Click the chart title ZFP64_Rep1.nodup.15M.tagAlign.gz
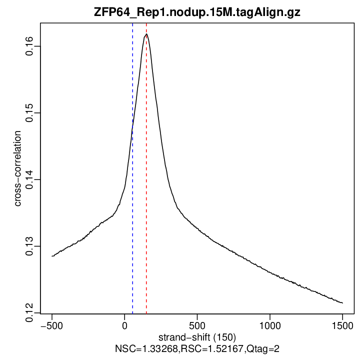197,13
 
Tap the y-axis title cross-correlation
18,168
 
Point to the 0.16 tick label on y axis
29,46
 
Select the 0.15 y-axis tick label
29,113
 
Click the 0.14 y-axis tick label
29,179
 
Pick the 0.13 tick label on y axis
29,246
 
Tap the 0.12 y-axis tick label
29,312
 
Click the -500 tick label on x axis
52,324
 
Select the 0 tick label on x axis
124,324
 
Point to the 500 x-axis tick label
197,324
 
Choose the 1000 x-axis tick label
269,324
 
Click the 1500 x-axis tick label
342,324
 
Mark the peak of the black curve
146,34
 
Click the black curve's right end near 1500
342,302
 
